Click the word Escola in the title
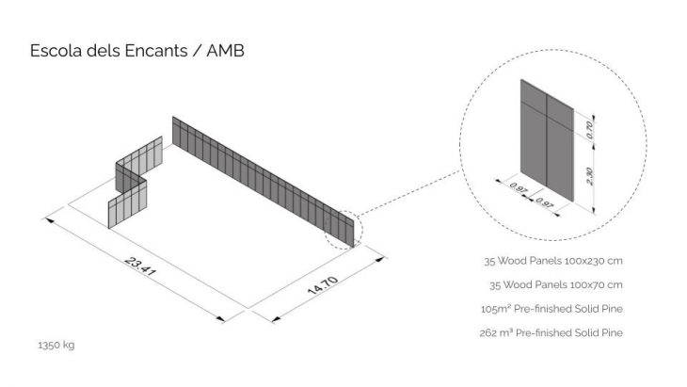tap(56, 51)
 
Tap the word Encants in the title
tap(156, 51)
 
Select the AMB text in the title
tap(225, 51)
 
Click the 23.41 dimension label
tap(140, 266)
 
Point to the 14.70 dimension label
tap(323, 285)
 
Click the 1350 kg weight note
tap(56, 345)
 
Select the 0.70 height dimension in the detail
tap(590, 130)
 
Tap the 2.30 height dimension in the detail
tap(590, 176)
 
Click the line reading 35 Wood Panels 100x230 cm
tap(553, 261)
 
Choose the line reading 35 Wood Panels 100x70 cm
tap(555, 285)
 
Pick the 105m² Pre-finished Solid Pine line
tap(551, 309)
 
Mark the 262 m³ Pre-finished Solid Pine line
tap(551, 333)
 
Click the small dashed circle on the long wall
tap(325, 231)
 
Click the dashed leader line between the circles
tap(409, 191)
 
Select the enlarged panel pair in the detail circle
tap(547, 140)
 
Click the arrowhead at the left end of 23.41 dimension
tap(50, 220)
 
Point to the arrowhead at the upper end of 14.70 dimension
tap(380, 260)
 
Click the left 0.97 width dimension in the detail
tap(518, 188)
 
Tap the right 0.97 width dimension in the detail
tap(544, 203)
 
